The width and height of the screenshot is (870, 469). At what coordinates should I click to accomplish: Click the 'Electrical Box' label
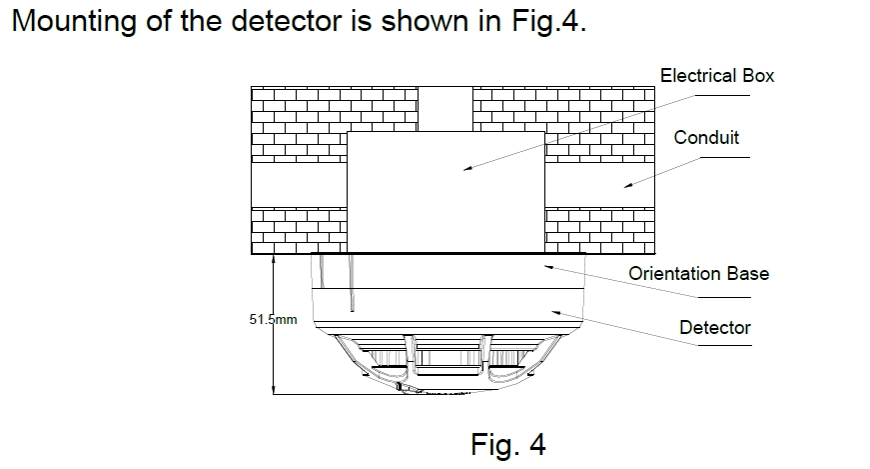[x=716, y=76]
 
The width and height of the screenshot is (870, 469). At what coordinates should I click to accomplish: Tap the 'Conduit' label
[x=706, y=138]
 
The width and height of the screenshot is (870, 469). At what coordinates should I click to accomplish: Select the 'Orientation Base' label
[x=698, y=273]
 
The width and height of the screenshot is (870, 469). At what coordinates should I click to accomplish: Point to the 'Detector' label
[x=714, y=327]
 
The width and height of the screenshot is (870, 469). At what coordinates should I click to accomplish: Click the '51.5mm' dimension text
[x=273, y=320]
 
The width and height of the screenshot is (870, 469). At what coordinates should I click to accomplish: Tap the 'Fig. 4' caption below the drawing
[x=507, y=443]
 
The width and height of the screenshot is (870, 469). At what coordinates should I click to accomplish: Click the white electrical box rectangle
[x=445, y=190]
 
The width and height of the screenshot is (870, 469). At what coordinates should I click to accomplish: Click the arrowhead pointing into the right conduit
[x=624, y=183]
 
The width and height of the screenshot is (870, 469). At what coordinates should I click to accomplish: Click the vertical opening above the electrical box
[x=444, y=108]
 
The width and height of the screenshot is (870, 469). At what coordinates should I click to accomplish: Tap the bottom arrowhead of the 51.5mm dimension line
[x=274, y=390]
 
